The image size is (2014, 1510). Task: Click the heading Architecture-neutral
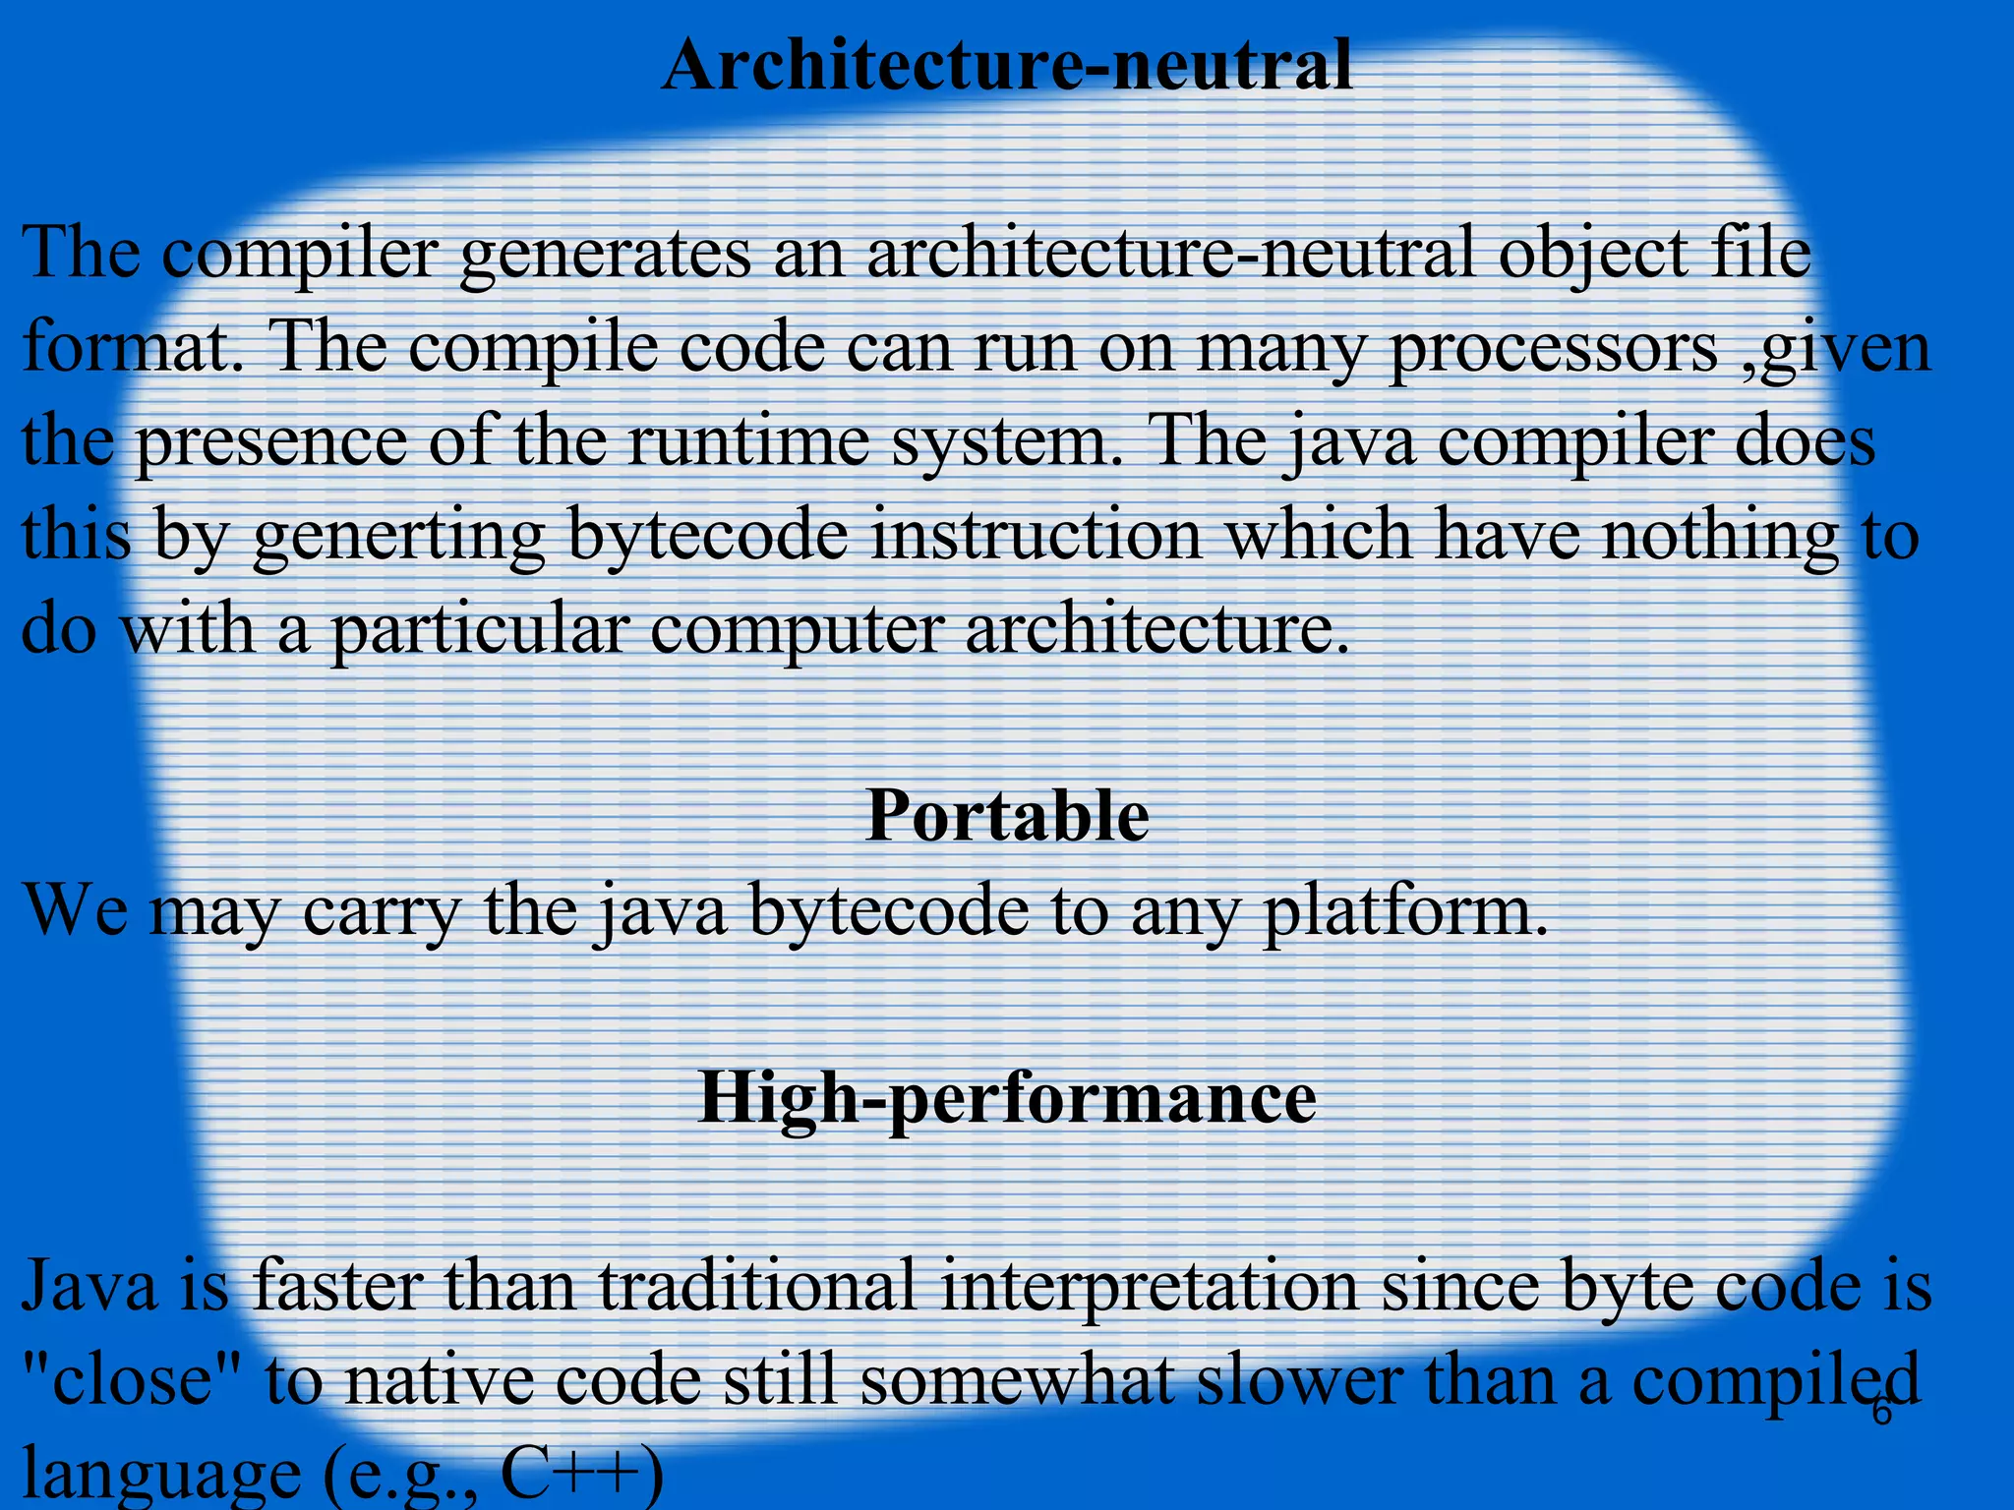(x=1007, y=67)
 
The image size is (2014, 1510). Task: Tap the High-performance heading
(x=1007, y=1098)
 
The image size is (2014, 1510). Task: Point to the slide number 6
(x=1881, y=1413)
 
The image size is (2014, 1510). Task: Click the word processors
(x=1553, y=349)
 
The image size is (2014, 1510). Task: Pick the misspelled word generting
(x=398, y=536)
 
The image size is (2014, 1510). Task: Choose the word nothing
(x=1720, y=536)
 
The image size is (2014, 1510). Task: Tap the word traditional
(x=756, y=1288)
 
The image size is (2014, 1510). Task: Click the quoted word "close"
(x=133, y=1381)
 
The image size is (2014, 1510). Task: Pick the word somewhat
(x=1017, y=1381)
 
